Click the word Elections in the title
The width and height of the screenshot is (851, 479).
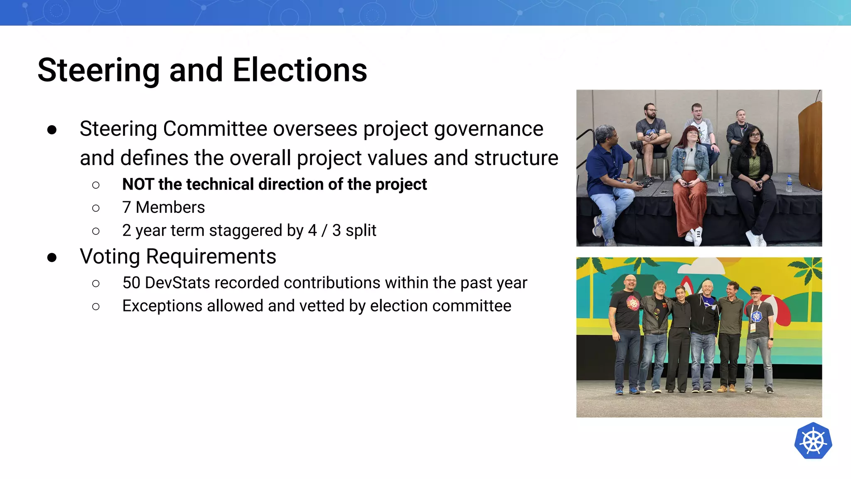pos(300,70)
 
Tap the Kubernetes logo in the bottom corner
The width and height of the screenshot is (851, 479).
pos(813,441)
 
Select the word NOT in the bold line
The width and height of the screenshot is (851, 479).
pos(138,184)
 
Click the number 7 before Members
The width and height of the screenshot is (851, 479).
pos(126,207)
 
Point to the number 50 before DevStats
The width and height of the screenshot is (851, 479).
pos(131,283)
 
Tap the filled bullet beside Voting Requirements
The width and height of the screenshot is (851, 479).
pos(52,257)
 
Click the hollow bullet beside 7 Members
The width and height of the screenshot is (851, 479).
pos(96,208)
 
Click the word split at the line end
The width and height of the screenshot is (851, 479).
pos(361,230)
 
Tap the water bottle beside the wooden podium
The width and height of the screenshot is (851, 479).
pos(789,184)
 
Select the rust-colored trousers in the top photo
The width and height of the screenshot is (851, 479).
pos(690,204)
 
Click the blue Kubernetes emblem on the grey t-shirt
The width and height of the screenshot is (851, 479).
pos(756,316)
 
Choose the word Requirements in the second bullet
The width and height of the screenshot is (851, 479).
pos(211,257)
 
